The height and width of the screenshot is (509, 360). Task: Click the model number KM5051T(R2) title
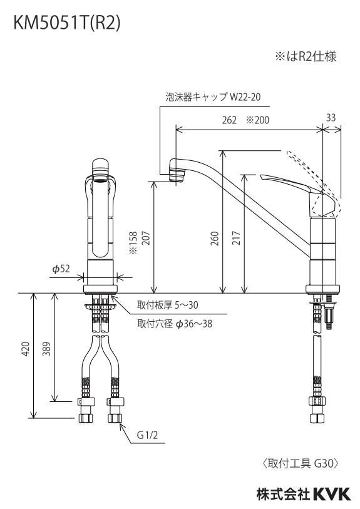pyautogui.click(x=67, y=23)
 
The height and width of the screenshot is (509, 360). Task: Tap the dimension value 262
pyautogui.click(x=229, y=120)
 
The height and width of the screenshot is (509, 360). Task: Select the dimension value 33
pyautogui.click(x=331, y=117)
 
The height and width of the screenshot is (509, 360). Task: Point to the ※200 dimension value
pyautogui.click(x=258, y=120)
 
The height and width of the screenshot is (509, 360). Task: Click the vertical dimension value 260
pyautogui.click(x=215, y=239)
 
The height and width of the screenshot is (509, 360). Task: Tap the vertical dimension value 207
pyautogui.click(x=145, y=238)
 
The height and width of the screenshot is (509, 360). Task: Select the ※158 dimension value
pyautogui.click(x=133, y=242)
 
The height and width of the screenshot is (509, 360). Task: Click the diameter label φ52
pyautogui.click(x=61, y=269)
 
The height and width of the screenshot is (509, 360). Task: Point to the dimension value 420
pyautogui.click(x=26, y=348)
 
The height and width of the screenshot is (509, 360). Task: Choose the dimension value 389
pyautogui.click(x=47, y=349)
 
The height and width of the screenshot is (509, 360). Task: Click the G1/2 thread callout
pyautogui.click(x=147, y=435)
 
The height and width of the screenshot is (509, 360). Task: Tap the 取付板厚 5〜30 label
pyautogui.click(x=168, y=305)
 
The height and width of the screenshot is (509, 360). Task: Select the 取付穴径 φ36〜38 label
pyautogui.click(x=175, y=324)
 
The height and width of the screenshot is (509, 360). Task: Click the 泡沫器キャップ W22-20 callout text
pyautogui.click(x=213, y=97)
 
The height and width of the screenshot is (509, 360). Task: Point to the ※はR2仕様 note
pyautogui.click(x=306, y=57)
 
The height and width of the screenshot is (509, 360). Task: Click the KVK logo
pyautogui.click(x=331, y=495)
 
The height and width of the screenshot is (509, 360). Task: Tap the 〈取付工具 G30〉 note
pyautogui.click(x=301, y=463)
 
